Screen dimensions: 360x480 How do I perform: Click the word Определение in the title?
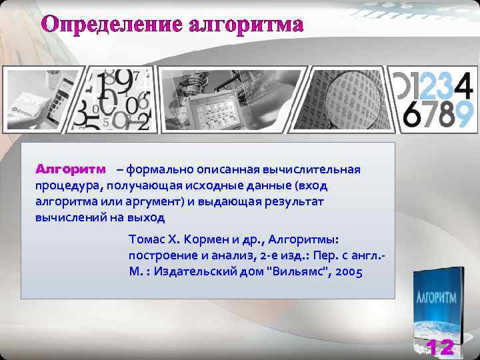[x=111, y=25]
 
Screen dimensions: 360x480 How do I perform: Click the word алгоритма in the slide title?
[x=246, y=25]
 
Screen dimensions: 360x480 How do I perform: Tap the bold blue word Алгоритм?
[x=70, y=169]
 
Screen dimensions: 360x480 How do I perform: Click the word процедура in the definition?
[x=67, y=185]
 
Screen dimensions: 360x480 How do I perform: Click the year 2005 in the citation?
[x=349, y=272]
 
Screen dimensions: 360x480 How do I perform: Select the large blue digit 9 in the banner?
[x=465, y=114]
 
